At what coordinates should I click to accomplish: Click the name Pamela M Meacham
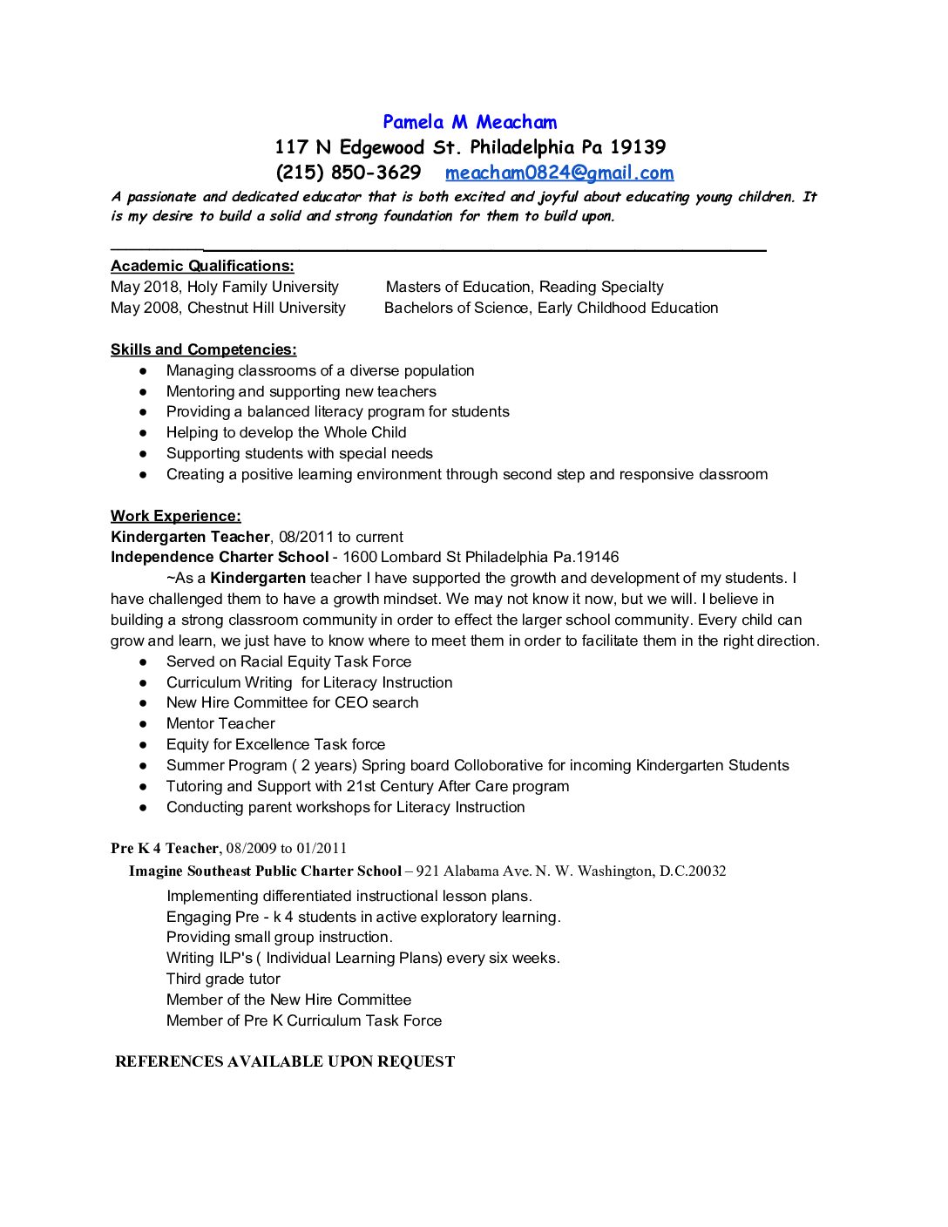[x=470, y=122]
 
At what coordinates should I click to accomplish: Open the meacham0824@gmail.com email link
[x=559, y=173]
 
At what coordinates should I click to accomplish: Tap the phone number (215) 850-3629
[x=349, y=173]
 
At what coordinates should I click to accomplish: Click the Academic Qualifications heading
[x=202, y=266]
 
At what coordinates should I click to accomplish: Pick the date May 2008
[x=145, y=308]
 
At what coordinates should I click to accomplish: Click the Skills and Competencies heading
[x=203, y=349]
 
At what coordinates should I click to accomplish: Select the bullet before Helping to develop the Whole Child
[x=143, y=433]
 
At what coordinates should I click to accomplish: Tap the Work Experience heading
[x=176, y=516]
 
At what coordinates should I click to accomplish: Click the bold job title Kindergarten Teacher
[x=190, y=537]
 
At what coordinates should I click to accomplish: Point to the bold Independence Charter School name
[x=220, y=557]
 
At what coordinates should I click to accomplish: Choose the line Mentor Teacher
[x=220, y=723]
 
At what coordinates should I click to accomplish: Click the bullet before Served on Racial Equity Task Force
[x=143, y=662]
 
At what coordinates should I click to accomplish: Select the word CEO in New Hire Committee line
[x=351, y=702]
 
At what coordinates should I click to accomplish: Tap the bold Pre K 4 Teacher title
[x=165, y=848]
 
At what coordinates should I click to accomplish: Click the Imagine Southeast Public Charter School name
[x=265, y=871]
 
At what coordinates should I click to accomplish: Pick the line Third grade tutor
[x=223, y=979]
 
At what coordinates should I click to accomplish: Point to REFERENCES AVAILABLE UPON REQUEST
[x=285, y=1061]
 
